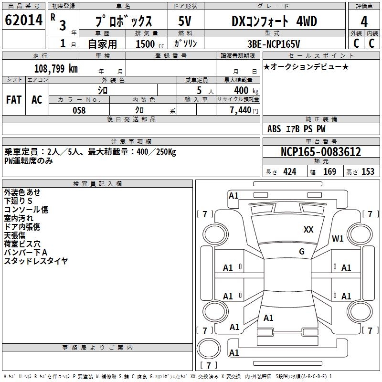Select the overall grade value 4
[x=364, y=21]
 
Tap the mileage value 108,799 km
[x=56, y=68]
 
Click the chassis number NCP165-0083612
[x=321, y=152]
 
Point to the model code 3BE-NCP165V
[x=274, y=43]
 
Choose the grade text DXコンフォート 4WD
[x=274, y=21]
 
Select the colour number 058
[x=79, y=110]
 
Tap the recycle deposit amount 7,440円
[x=244, y=110]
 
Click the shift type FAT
[x=13, y=99]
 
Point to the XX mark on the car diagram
[x=308, y=230]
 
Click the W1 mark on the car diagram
[x=338, y=239]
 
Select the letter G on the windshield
[x=301, y=251]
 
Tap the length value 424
[x=289, y=172]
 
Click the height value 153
[x=368, y=172]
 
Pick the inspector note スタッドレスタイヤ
[x=36, y=261]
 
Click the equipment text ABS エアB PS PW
[x=296, y=129]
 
